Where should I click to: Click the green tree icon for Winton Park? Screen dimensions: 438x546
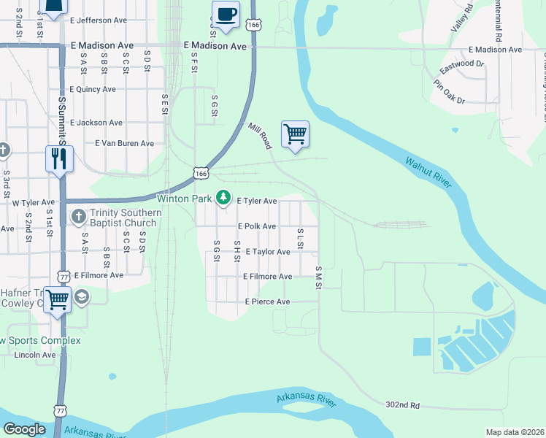click(223, 198)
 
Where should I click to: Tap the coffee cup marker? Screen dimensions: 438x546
click(226, 15)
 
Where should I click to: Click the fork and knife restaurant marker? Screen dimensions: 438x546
click(59, 158)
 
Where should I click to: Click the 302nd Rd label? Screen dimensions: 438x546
click(404, 404)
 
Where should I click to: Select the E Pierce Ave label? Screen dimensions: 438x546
click(267, 301)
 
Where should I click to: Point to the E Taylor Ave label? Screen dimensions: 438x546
click(268, 251)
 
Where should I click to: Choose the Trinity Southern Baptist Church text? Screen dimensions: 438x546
click(123, 218)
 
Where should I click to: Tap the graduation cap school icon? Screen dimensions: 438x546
click(80, 296)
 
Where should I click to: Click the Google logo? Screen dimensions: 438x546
click(25, 429)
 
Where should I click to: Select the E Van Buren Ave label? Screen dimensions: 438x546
click(125, 143)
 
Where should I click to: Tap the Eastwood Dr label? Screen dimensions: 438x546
click(462, 68)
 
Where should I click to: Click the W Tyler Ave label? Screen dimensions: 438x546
click(32, 202)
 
